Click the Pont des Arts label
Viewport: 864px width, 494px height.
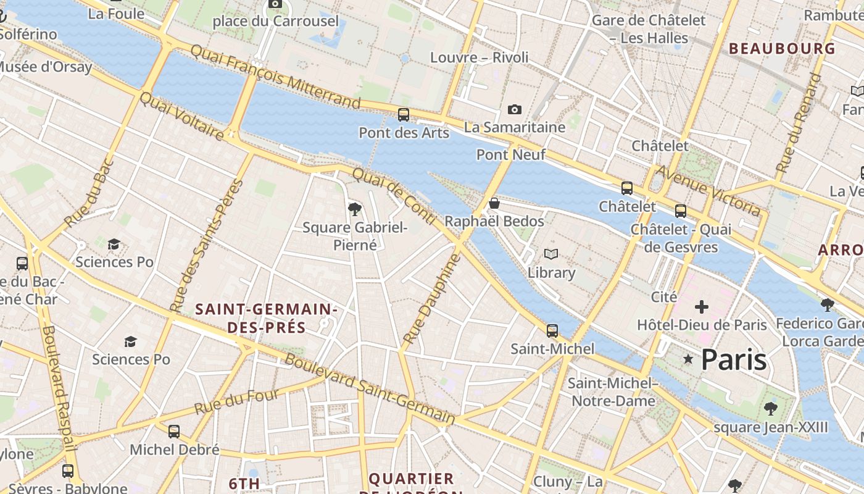(x=404, y=133)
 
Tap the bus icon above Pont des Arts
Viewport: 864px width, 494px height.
(x=403, y=114)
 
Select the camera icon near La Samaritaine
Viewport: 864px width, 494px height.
(x=514, y=110)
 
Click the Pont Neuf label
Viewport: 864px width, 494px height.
(x=511, y=154)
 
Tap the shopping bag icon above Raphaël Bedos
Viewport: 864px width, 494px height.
(x=494, y=203)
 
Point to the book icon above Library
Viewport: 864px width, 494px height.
(x=551, y=254)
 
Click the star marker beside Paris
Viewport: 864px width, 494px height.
(x=688, y=359)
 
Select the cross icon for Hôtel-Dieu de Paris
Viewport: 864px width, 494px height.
(x=702, y=307)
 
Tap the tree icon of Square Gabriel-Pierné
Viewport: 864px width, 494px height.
(x=354, y=209)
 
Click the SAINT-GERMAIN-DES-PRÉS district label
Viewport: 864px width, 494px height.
(x=266, y=318)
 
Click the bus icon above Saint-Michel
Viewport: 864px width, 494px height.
(x=552, y=330)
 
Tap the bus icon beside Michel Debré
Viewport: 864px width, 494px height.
(x=174, y=431)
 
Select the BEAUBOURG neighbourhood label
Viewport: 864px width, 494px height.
(x=782, y=48)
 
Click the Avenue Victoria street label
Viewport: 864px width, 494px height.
(x=708, y=191)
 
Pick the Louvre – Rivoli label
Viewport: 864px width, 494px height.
(x=480, y=57)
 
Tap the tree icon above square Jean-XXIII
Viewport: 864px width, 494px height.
(x=770, y=408)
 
